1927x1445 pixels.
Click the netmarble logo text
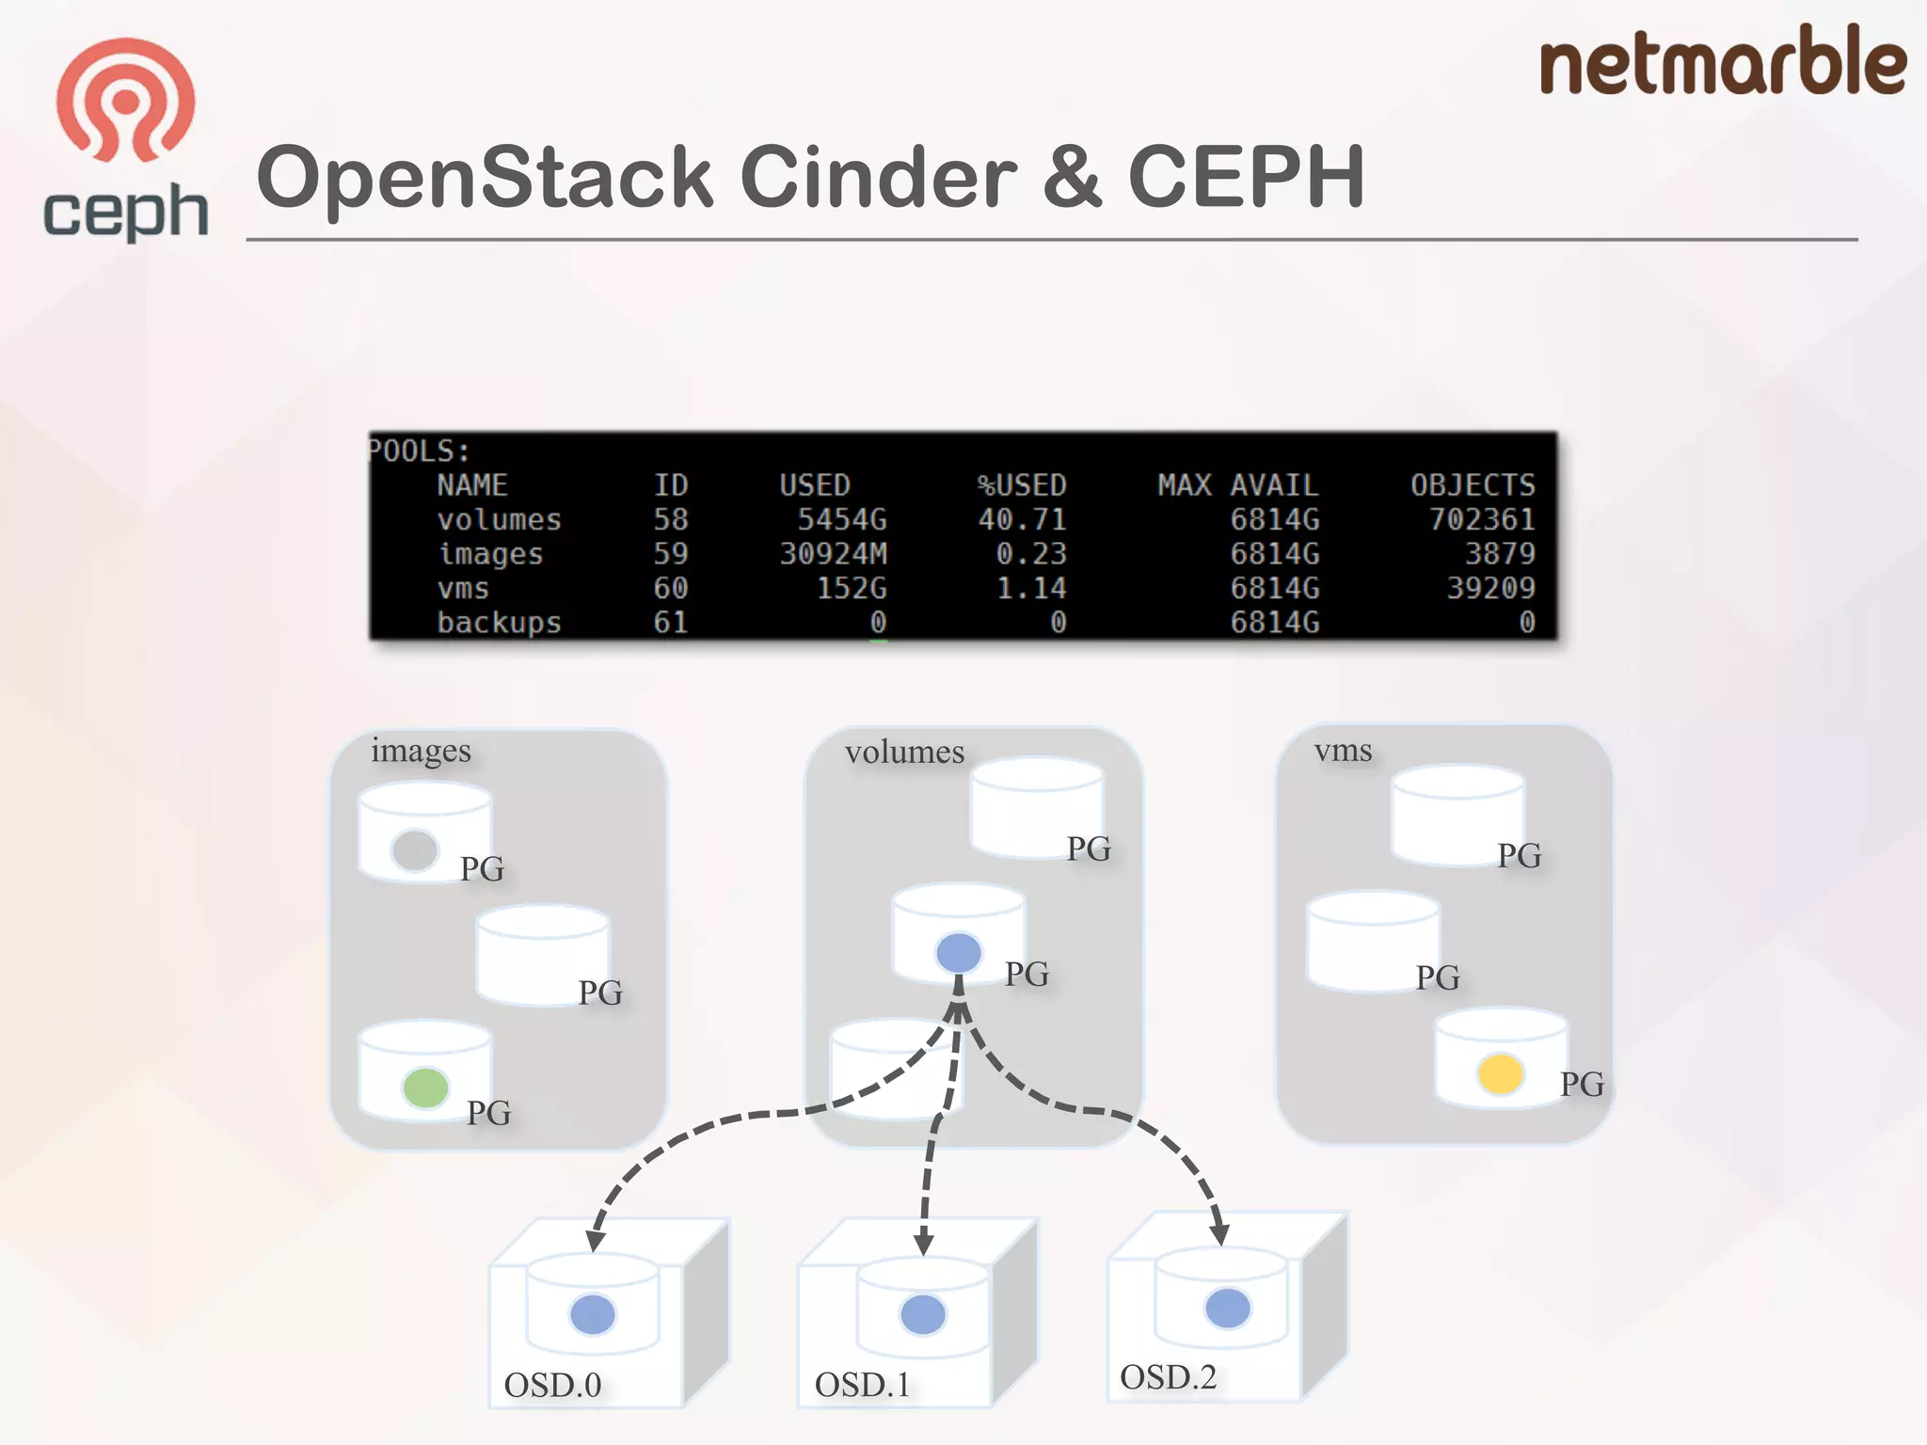(1722, 62)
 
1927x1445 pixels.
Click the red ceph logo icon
(125, 100)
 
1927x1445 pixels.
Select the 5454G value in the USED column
(841, 519)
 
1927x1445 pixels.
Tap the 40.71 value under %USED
(1022, 519)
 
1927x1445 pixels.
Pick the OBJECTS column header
(1472, 485)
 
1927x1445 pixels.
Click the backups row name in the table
(499, 623)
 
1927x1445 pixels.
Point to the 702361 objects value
(1482, 519)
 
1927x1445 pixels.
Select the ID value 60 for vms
(671, 588)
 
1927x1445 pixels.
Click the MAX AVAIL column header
(1237, 485)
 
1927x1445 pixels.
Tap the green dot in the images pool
(425, 1088)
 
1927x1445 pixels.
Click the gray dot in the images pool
(415, 850)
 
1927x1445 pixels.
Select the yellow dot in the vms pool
(1501, 1073)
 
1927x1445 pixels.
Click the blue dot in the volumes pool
(959, 953)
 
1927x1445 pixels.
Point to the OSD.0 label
(552, 1385)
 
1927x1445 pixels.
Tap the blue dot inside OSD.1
(922, 1314)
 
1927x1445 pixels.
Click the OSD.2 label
(1168, 1377)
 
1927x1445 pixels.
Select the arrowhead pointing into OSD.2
(1218, 1233)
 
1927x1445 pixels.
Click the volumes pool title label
(904, 752)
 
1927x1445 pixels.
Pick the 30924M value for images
(833, 554)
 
